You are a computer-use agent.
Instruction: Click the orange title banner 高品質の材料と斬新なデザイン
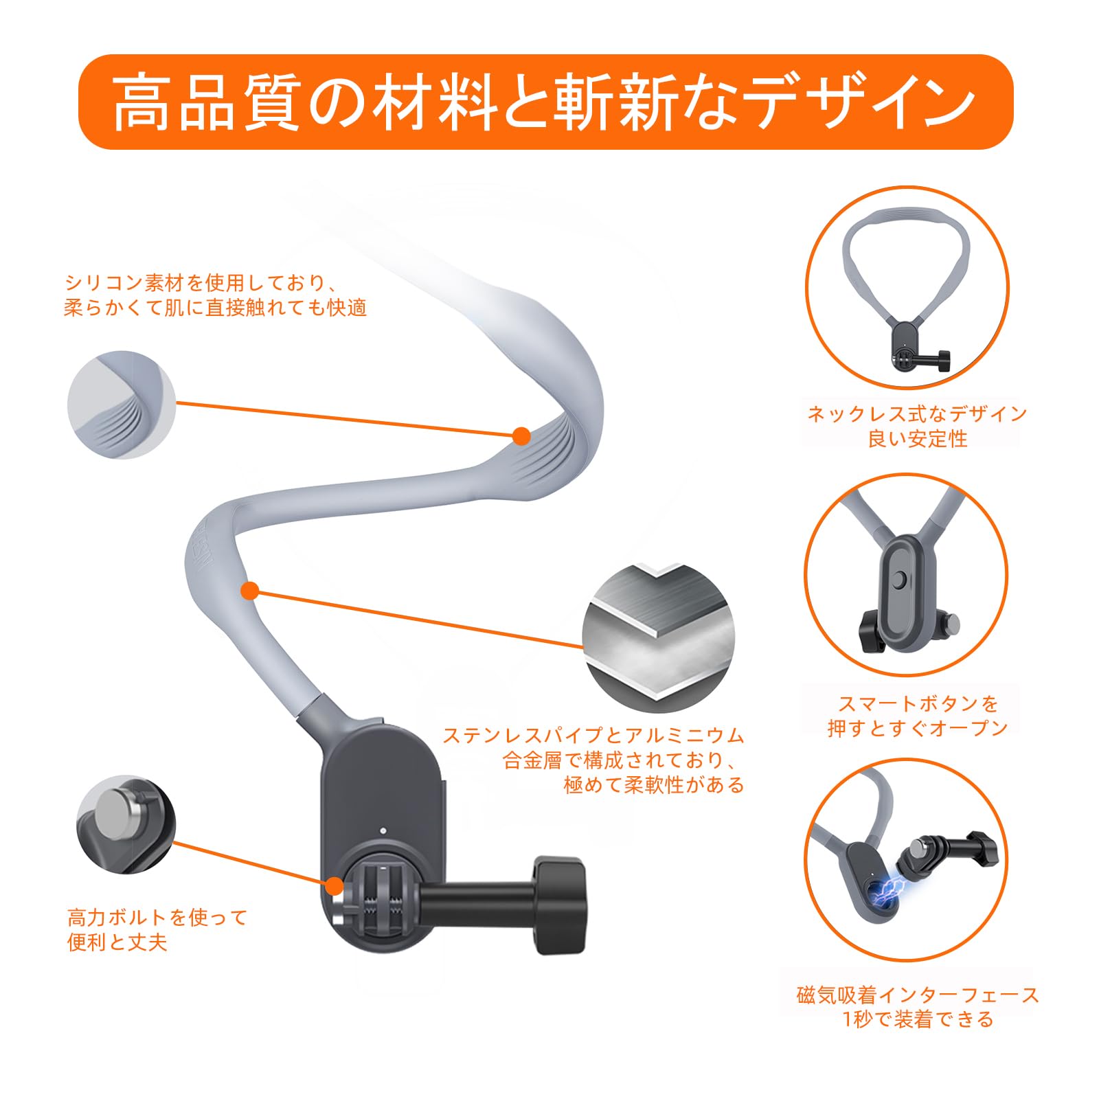pyautogui.click(x=546, y=102)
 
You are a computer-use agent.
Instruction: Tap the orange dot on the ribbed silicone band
pyautogui.click(x=522, y=435)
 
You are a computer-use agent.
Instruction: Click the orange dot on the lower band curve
pyautogui.click(x=250, y=590)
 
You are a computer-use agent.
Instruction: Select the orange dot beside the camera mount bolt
pyautogui.click(x=335, y=885)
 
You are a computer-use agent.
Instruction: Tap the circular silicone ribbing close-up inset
pyautogui.click(x=122, y=405)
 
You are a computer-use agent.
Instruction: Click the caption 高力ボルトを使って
pyautogui.click(x=157, y=917)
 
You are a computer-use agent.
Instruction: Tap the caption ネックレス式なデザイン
pyautogui.click(x=917, y=413)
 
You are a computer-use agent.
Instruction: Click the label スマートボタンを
pyautogui.click(x=918, y=703)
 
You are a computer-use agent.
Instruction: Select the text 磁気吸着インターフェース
pyautogui.click(x=918, y=995)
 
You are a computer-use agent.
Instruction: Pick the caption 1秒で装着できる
pyautogui.click(x=918, y=1019)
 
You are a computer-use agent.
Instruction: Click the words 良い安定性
pyautogui.click(x=918, y=438)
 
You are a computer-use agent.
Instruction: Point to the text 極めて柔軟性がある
pyautogui.click(x=654, y=784)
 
